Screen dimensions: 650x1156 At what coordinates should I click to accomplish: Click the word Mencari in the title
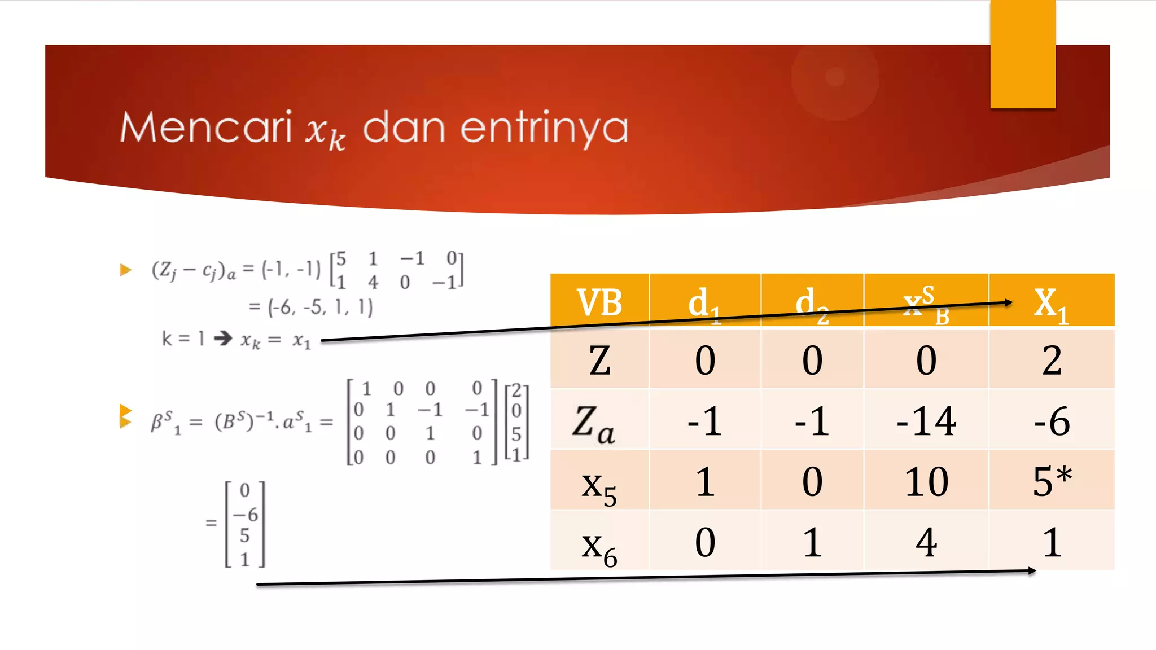pos(206,128)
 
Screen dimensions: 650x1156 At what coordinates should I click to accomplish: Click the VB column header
pos(599,302)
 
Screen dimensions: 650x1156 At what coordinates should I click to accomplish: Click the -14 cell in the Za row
pos(926,421)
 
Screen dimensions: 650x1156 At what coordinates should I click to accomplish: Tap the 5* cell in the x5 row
pos(1052,481)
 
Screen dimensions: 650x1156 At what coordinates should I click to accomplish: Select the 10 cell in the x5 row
pos(926,481)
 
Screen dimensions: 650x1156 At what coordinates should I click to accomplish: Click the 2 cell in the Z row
pos(1052,360)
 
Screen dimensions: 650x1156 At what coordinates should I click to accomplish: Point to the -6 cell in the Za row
pos(1052,421)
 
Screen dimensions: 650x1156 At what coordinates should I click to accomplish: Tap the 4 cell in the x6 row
pos(926,542)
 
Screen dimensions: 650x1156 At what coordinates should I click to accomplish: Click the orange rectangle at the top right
pos(1022,54)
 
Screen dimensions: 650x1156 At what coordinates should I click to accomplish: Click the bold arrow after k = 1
pos(223,338)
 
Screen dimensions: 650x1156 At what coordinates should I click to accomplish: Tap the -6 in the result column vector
pos(246,514)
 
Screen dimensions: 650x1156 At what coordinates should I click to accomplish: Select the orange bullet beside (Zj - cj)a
pos(125,270)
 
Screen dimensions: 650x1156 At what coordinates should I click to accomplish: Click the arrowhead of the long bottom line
pos(1032,571)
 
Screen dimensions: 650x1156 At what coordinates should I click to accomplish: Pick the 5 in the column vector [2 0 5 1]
pos(516,433)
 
